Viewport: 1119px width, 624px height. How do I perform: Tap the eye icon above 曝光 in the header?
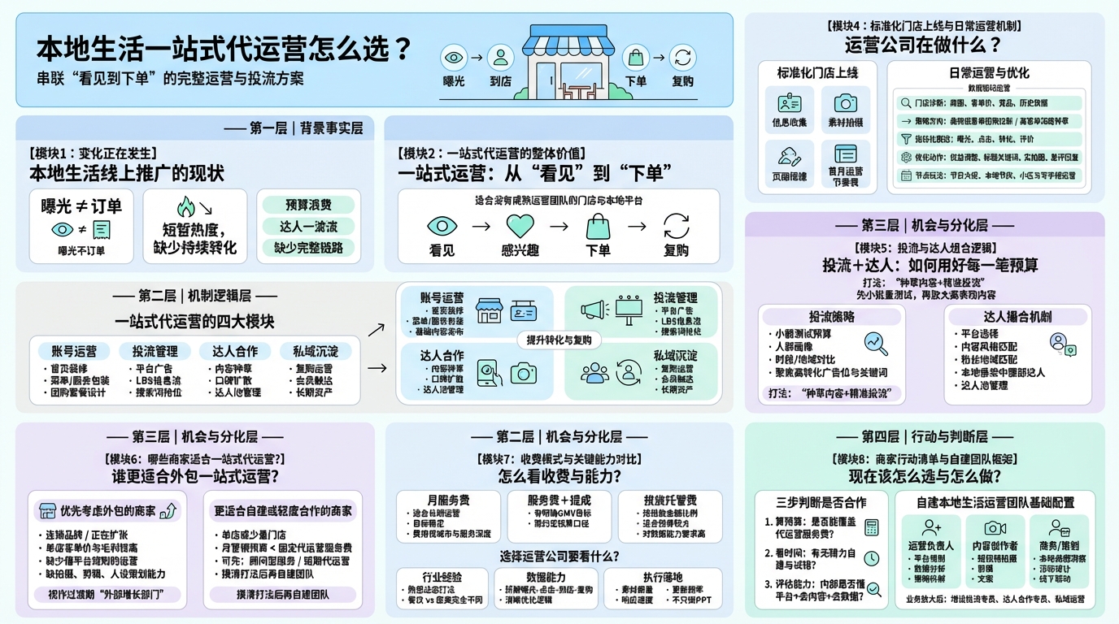tap(453, 58)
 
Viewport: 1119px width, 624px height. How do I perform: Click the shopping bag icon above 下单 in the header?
tap(635, 58)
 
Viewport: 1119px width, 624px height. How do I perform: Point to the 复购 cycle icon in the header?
tap(683, 58)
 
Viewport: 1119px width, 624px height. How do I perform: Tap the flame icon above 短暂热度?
tap(186, 207)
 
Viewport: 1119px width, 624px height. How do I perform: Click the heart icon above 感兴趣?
tap(520, 225)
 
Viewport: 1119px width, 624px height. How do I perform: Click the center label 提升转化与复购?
tap(559, 340)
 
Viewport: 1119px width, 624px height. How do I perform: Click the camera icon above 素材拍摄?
tap(845, 103)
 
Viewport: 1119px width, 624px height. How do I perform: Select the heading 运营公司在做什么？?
tap(923, 45)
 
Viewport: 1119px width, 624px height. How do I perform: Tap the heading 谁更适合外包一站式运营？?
tap(195, 476)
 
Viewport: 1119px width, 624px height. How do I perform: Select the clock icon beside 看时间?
tap(871, 558)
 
